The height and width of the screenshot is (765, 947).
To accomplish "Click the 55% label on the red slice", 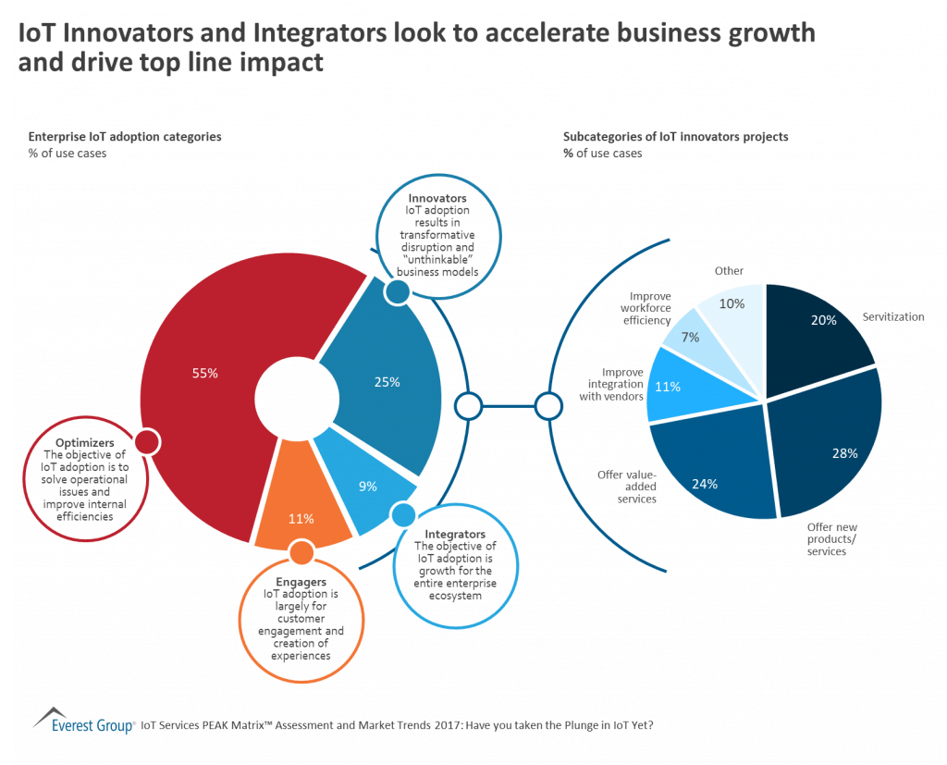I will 205,374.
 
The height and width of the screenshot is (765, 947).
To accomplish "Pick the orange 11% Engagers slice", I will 301,518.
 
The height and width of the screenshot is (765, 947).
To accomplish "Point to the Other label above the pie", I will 729,271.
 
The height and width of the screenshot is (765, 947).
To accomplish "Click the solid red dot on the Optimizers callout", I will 146,442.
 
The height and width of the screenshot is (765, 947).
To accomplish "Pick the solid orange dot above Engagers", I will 301,552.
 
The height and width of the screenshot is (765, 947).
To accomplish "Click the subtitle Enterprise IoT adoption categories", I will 125,137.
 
